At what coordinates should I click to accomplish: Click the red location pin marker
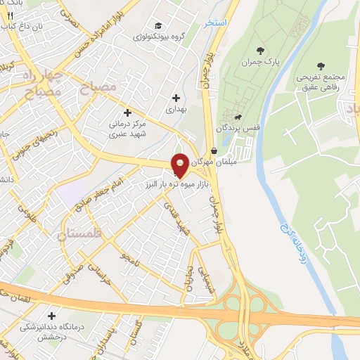pyautogui.click(x=180, y=165)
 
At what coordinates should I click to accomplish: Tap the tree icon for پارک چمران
pyautogui.click(x=261, y=51)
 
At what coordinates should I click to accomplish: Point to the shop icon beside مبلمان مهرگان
pyautogui.click(x=213, y=150)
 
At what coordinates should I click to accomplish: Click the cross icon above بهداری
pyautogui.click(x=175, y=97)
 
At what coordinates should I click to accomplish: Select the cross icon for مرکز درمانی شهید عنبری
pyautogui.click(x=127, y=112)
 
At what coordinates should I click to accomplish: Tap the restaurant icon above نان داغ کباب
pyautogui.click(x=10, y=13)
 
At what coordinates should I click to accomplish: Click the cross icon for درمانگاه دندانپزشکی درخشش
pyautogui.click(x=50, y=316)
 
